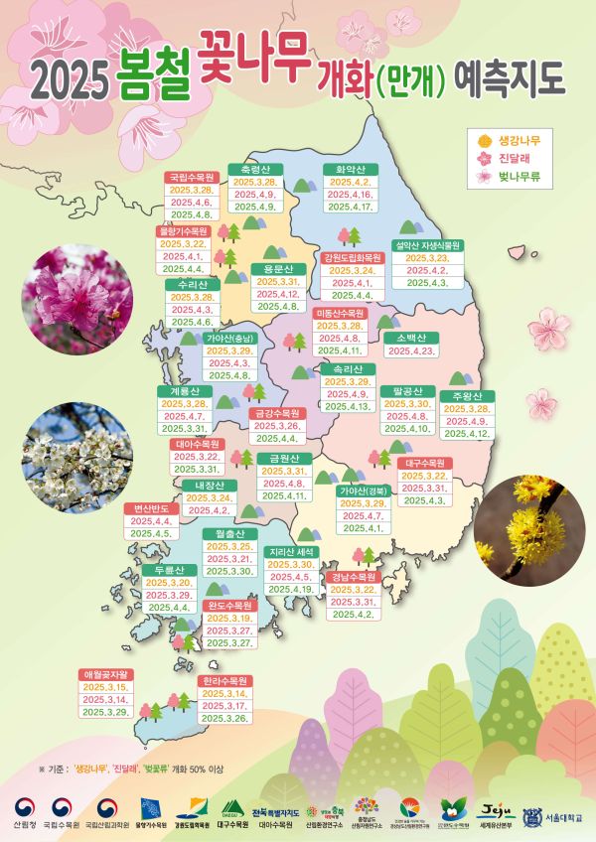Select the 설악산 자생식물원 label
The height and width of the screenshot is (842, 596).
point(428,243)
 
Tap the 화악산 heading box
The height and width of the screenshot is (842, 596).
point(348,169)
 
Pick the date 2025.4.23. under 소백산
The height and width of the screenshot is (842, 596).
point(411,351)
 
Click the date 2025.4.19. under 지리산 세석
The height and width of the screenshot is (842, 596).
point(292,590)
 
